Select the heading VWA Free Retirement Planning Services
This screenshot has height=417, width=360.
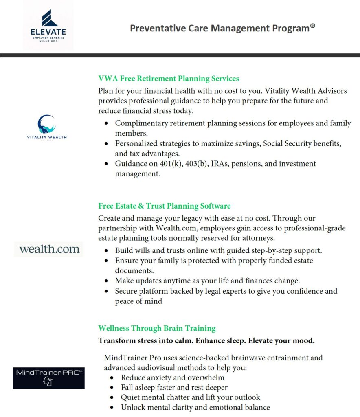pyautogui.click(x=169, y=78)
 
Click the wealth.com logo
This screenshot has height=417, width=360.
pyautogui.click(x=49, y=249)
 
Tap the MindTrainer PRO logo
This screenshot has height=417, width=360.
pyautogui.click(x=48, y=377)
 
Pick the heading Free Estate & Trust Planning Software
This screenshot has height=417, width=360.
pyautogui.click(x=165, y=206)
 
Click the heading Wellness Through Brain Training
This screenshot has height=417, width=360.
pyautogui.click(x=157, y=328)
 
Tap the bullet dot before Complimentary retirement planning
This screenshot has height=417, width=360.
pyautogui.click(x=107, y=123)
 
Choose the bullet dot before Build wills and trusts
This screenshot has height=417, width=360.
pyautogui.click(x=107, y=251)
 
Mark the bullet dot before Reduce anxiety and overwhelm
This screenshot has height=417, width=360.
pyautogui.click(x=112, y=378)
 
